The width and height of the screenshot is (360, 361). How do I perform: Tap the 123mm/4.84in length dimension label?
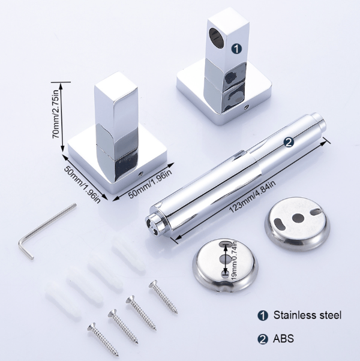click(x=253, y=197)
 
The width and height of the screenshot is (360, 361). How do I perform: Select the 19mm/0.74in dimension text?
click(x=235, y=261)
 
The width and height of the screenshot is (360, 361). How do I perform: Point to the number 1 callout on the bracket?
click(x=236, y=49)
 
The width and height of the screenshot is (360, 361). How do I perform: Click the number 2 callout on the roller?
click(x=289, y=142)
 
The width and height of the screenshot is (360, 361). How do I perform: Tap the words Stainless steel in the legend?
click(x=307, y=315)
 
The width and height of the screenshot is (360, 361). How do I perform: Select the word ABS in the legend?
click(x=283, y=338)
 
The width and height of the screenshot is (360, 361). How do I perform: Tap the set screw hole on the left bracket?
click(x=140, y=175)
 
